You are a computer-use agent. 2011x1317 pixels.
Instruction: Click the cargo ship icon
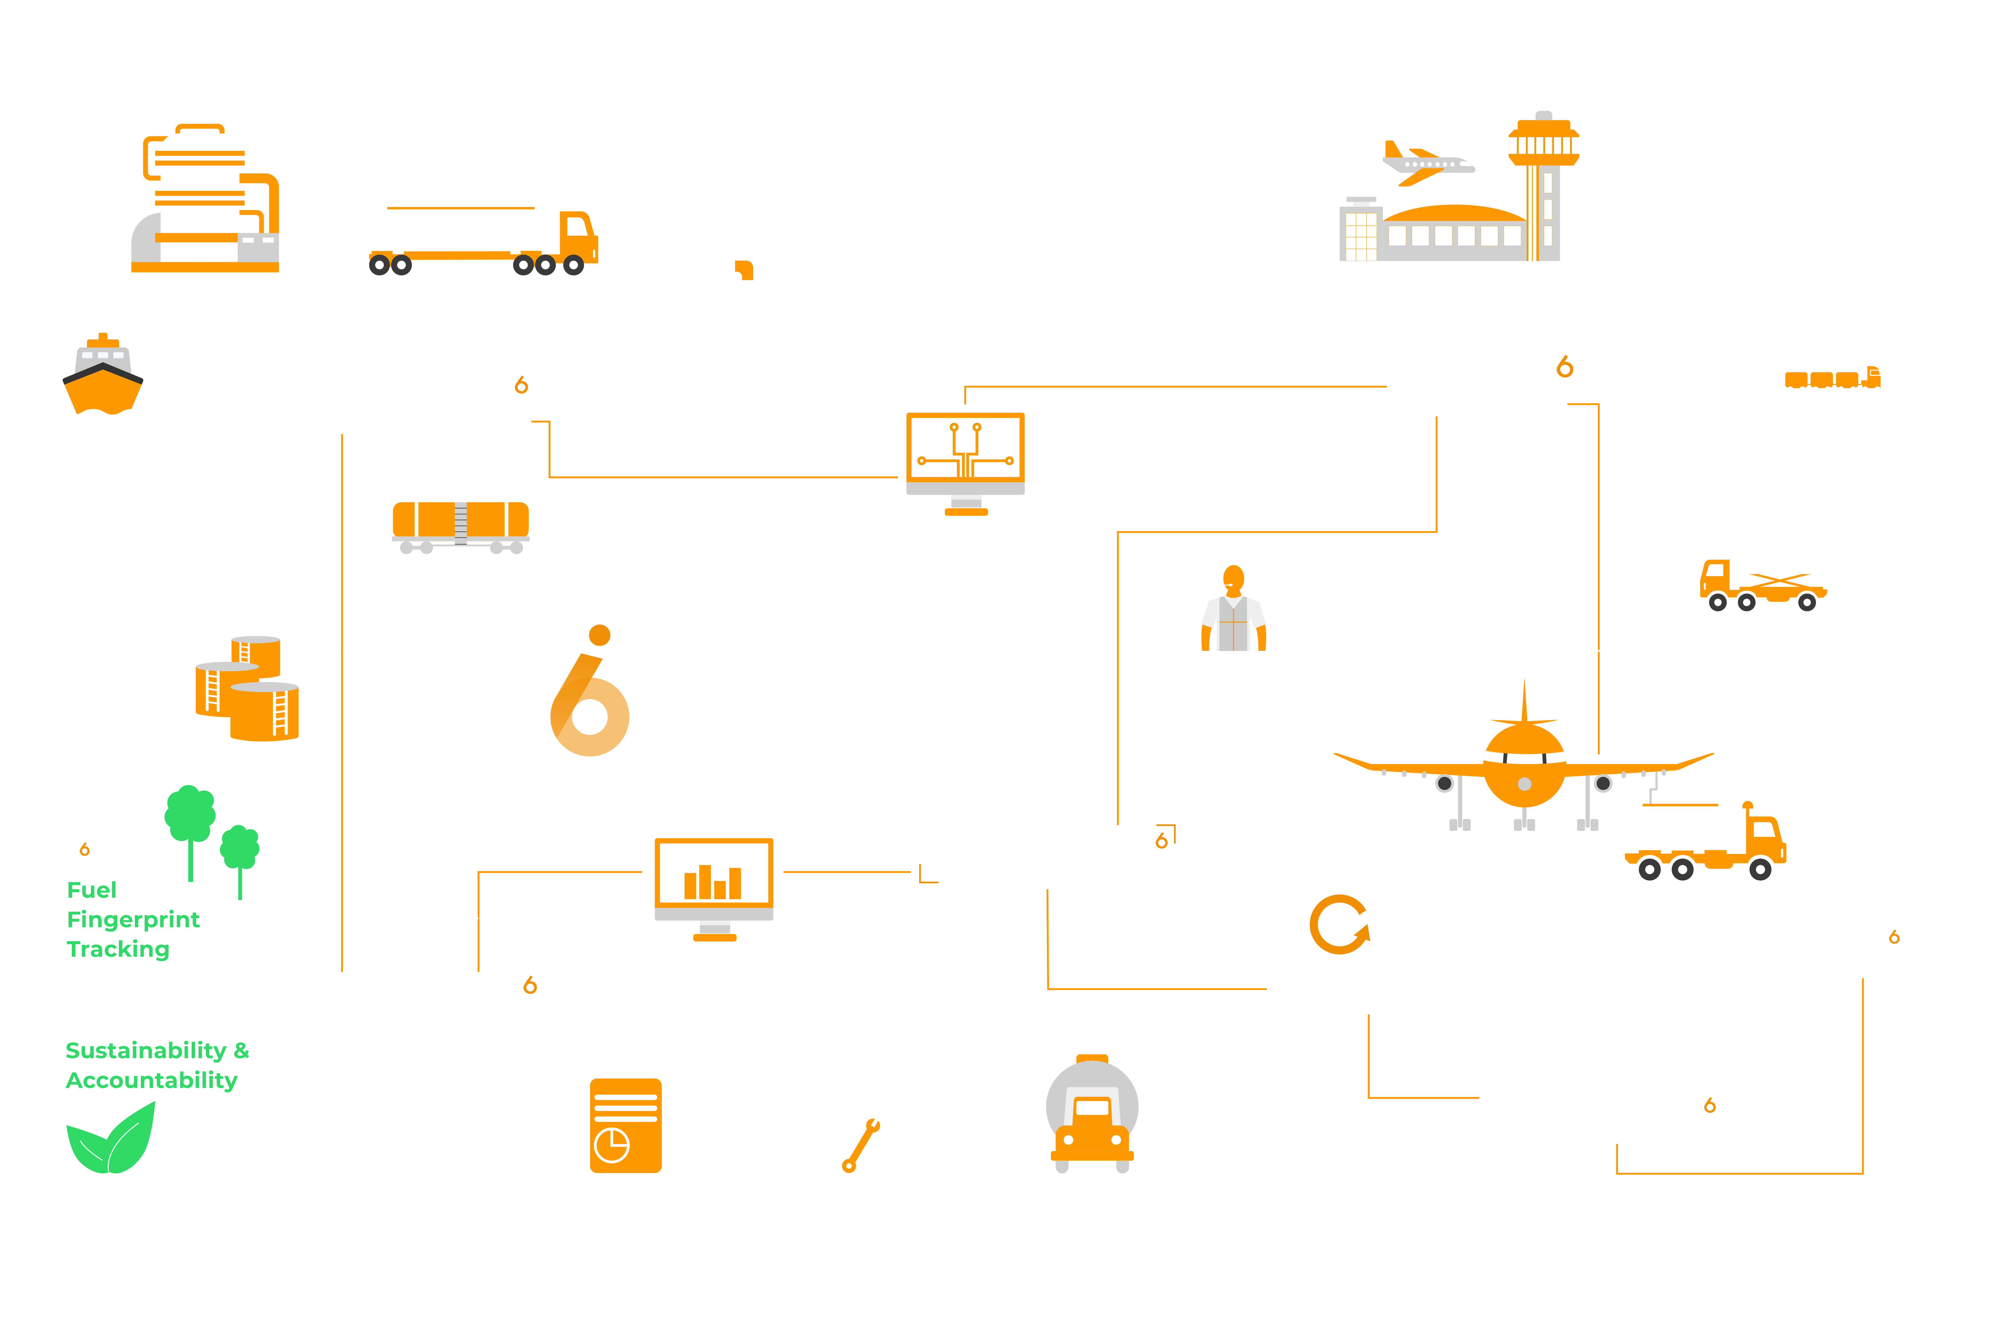coord(103,376)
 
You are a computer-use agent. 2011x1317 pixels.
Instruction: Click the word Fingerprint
coord(134,920)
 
